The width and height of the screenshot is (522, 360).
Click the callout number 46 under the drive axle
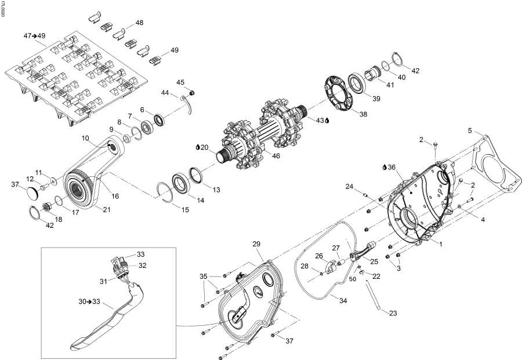click(276, 157)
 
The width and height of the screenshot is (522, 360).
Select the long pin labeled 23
click(374, 296)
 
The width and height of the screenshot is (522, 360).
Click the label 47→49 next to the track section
click(35, 36)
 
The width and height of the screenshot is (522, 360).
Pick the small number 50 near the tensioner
click(351, 279)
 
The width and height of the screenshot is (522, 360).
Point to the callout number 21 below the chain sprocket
click(107, 209)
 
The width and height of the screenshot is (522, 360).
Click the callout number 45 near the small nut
click(180, 82)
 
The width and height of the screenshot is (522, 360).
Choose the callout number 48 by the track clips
click(139, 23)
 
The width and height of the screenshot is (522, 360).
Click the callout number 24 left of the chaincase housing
click(349, 186)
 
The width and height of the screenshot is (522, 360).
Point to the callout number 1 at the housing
click(440, 244)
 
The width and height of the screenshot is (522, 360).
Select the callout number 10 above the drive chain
click(85, 138)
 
